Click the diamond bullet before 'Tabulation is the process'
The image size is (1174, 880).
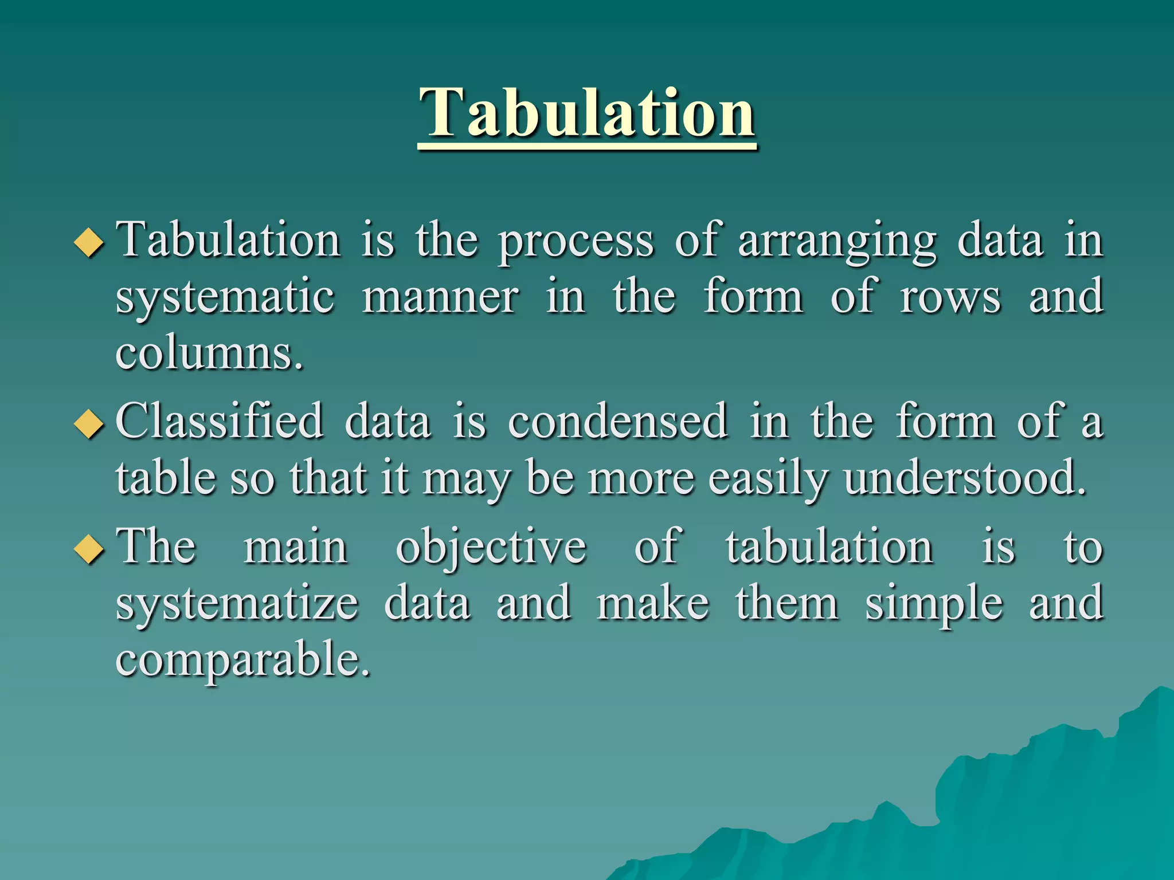[89, 242]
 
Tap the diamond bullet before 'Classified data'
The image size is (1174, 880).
[89, 425]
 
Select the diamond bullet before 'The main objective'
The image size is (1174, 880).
[89, 549]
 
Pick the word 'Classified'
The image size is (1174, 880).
[220, 422]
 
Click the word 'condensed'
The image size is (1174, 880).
[618, 422]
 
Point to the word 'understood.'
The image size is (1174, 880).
[965, 478]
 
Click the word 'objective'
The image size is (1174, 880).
[491, 548]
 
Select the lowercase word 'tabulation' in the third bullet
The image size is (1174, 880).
[829, 548]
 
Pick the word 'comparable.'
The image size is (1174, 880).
[243, 659]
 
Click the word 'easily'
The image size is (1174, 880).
[768, 479]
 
